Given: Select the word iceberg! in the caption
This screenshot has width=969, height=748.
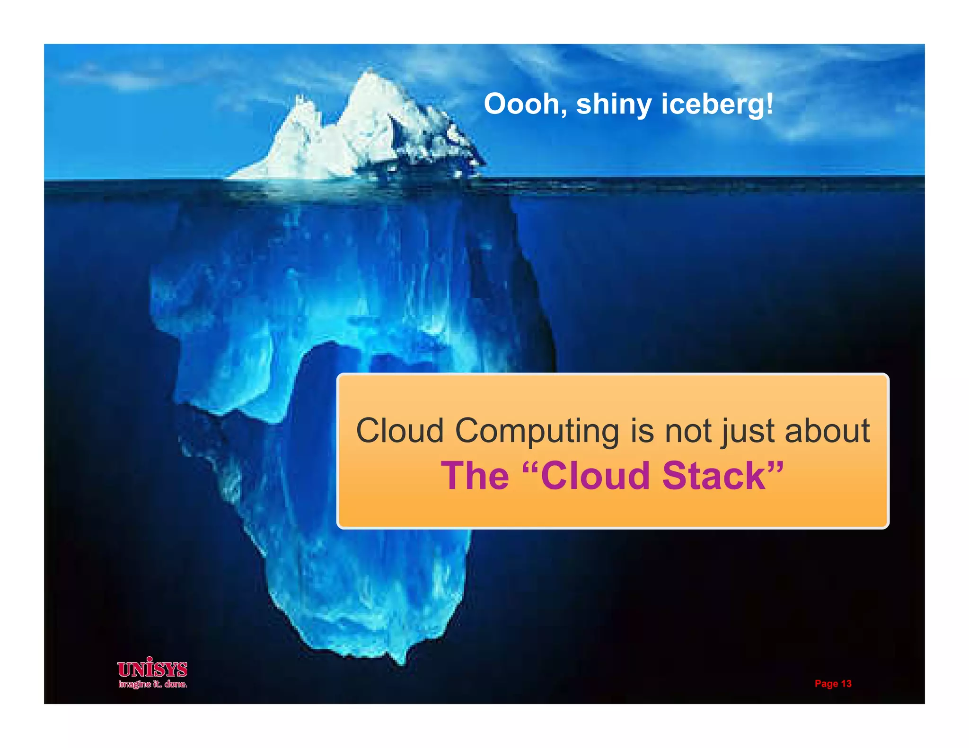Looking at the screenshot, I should pyautogui.click(x=717, y=105).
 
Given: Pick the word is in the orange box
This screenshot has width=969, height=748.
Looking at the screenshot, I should pyautogui.click(x=642, y=431).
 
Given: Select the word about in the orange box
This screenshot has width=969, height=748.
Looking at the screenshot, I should pyautogui.click(x=827, y=431).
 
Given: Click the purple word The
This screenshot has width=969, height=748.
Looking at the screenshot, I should pyautogui.click(x=475, y=476).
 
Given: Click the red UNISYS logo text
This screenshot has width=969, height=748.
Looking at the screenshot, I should pyautogui.click(x=152, y=669).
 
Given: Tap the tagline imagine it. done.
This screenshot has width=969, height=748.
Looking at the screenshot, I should pyautogui.click(x=152, y=684).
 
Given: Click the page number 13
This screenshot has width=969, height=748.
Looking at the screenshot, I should pyautogui.click(x=846, y=684).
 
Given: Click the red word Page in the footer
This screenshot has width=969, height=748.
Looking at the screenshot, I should pyautogui.click(x=826, y=684).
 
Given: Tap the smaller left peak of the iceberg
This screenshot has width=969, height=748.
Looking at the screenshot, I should pyautogui.click(x=299, y=99).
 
